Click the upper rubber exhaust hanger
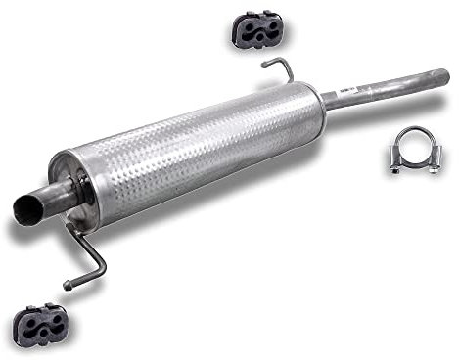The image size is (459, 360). [257, 30]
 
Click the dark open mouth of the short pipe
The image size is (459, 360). [26, 206]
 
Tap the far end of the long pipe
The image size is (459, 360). [442, 76]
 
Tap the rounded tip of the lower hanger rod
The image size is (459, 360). [68, 286]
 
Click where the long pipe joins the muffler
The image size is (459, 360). [324, 101]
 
